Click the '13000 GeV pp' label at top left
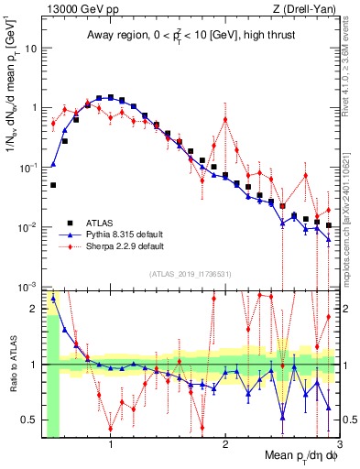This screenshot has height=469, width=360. point(78,9)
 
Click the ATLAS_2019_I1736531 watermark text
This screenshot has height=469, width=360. point(191,274)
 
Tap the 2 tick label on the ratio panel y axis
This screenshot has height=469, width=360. point(34,309)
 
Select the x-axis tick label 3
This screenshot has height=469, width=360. point(338,446)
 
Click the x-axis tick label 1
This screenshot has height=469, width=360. point(111,446)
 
